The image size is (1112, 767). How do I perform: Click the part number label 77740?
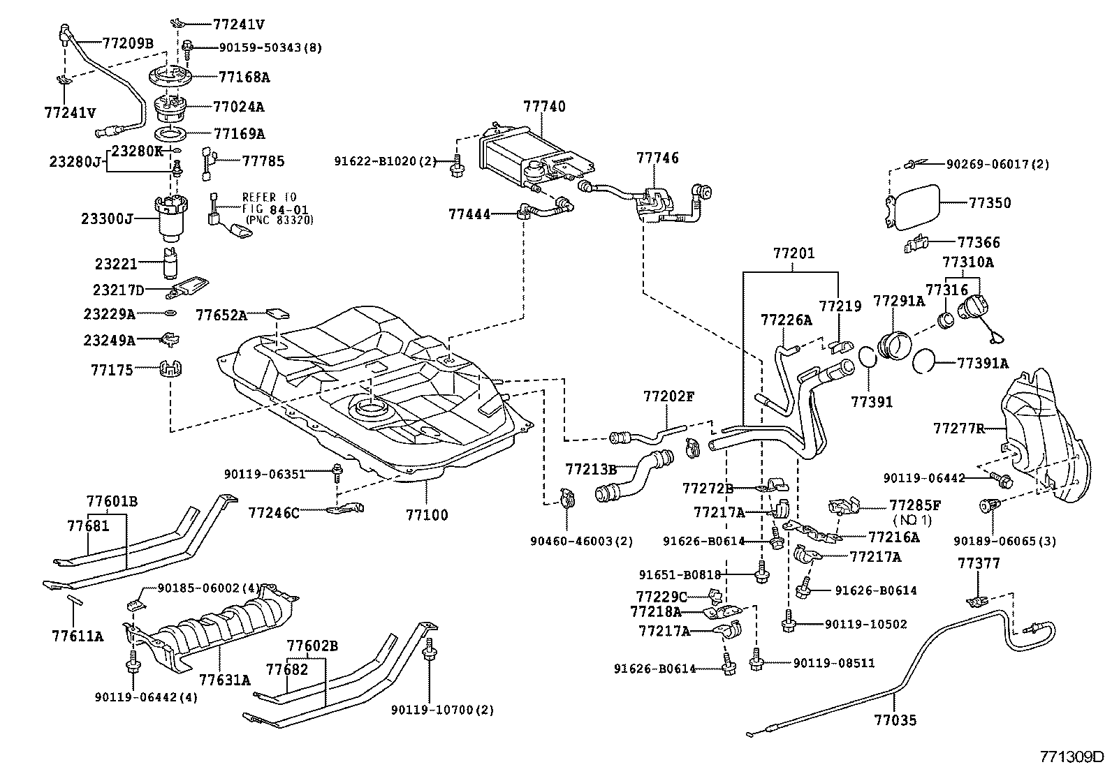[x=544, y=107]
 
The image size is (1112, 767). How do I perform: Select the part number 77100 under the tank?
[x=427, y=515]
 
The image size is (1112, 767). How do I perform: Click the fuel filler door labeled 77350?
[x=912, y=203]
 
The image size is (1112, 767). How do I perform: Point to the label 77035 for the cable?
[x=894, y=720]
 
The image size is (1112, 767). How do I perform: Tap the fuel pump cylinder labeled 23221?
[x=170, y=263]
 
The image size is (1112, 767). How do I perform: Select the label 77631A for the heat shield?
[x=224, y=679]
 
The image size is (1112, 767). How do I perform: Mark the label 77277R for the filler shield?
[x=958, y=428]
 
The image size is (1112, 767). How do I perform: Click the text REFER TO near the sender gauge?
[x=269, y=198]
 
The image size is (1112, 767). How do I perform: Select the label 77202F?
[x=668, y=396]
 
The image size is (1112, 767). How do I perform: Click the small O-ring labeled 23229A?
[x=170, y=313]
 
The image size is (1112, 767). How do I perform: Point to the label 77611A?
[x=77, y=636]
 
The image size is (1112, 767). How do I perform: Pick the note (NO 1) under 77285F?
[x=912, y=520]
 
